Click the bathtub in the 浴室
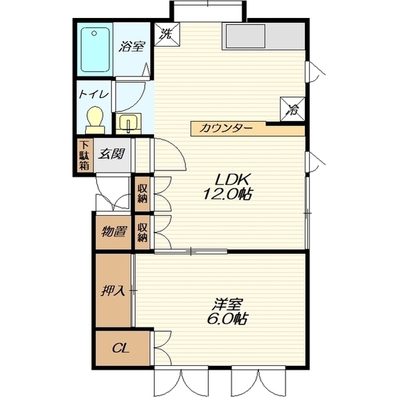tap(95, 50)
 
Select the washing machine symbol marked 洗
tap(167, 34)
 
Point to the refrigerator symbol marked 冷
tap(292, 109)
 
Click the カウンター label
tap(226, 128)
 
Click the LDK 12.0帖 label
tap(228, 187)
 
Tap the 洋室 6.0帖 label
tap(228, 312)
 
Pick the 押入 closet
tap(113, 290)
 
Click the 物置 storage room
tap(113, 232)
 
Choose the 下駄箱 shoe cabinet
tap(85, 155)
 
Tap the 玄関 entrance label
tap(112, 153)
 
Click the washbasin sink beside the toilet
tap(129, 124)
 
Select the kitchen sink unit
tap(264, 36)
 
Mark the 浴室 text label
tap(132, 47)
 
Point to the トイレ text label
tap(94, 94)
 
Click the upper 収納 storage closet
tap(142, 194)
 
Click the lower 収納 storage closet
tap(142, 232)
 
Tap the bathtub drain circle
tap(94, 33)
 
